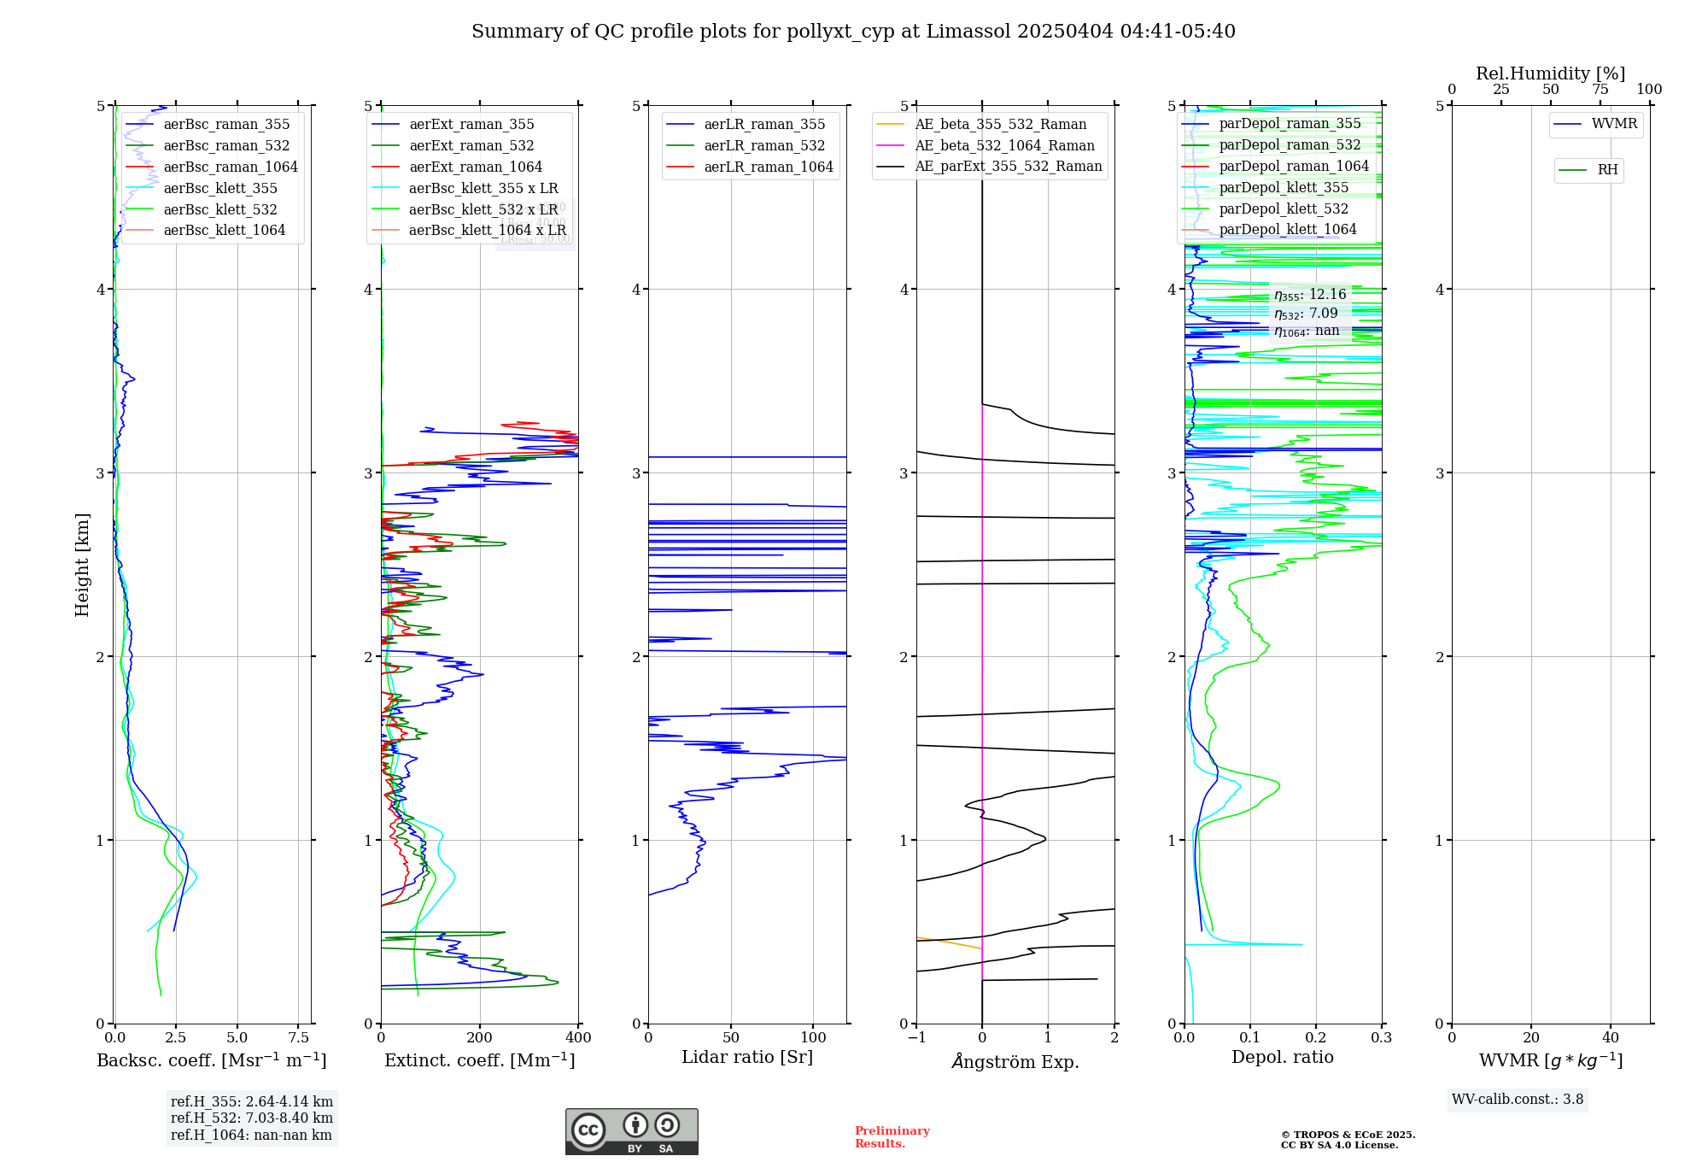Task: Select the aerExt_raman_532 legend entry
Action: pos(471,145)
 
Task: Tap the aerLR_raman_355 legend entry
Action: pos(764,124)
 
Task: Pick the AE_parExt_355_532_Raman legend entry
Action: pos(1008,166)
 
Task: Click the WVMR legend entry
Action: pos(1614,124)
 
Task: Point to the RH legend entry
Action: pos(1607,170)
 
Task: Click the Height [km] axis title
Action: pos(82,564)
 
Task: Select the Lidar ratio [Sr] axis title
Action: pos(747,1057)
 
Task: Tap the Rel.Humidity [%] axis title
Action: pos(1550,73)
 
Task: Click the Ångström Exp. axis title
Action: pos(1015,1061)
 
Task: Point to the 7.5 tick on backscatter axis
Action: pos(299,1038)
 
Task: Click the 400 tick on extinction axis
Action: pos(578,1038)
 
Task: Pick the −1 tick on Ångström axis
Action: pos(916,1038)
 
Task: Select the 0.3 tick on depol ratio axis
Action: pos(1381,1038)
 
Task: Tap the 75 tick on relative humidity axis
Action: pos(1600,90)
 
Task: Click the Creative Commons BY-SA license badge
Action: pos(631,1131)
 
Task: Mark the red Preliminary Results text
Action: pos(892,1137)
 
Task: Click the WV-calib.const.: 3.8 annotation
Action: pos(1518,1100)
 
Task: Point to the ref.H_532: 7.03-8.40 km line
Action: pos(252,1118)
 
